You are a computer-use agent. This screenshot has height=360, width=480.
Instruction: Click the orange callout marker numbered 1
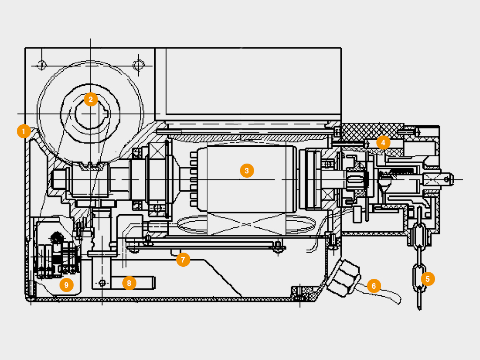[x=23, y=131]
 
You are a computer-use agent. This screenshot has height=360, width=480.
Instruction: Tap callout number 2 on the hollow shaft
[x=90, y=99]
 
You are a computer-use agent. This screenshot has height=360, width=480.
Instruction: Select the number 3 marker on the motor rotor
[x=247, y=171]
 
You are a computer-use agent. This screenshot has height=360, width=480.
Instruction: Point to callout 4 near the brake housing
[x=383, y=142]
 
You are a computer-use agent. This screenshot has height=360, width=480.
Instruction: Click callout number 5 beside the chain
[x=427, y=279]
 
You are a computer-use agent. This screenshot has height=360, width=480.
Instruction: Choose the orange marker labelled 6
[x=374, y=285]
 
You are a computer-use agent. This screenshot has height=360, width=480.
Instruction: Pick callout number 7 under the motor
[x=183, y=259]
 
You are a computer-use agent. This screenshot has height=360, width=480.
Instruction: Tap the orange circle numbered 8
[x=129, y=283]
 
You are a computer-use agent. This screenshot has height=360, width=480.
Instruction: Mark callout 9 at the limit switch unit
[x=66, y=285]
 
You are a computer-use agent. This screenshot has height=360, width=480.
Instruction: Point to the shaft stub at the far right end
[x=445, y=178]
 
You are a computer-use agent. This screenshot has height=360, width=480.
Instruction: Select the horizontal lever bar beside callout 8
[x=141, y=283]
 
